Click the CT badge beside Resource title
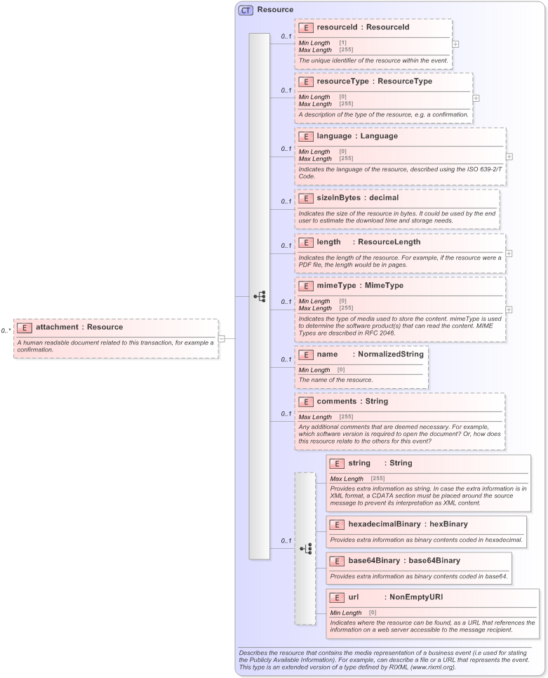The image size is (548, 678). pyautogui.click(x=246, y=10)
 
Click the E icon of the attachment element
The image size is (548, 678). pyautogui.click(x=25, y=327)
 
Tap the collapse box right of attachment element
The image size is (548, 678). pyautogui.click(x=221, y=338)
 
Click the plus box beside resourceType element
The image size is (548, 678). pyautogui.click(x=476, y=99)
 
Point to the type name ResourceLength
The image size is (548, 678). pyautogui.click(x=389, y=242)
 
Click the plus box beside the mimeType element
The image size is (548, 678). pyautogui.click(x=509, y=309)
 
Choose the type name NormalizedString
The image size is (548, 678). pyautogui.click(x=390, y=354)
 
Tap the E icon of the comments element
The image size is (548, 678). pyautogui.click(x=305, y=401)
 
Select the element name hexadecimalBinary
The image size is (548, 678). pyautogui.click(x=385, y=524)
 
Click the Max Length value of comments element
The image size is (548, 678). pyautogui.click(x=346, y=417)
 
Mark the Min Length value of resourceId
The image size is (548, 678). pyautogui.click(x=342, y=43)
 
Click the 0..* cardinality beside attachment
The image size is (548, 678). pyautogui.click(x=6, y=330)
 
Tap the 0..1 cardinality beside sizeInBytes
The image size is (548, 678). pyautogui.click(x=286, y=201)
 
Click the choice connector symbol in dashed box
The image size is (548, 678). pyautogui.click(x=305, y=548)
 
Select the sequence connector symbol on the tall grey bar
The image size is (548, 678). pyautogui.click(x=260, y=297)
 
